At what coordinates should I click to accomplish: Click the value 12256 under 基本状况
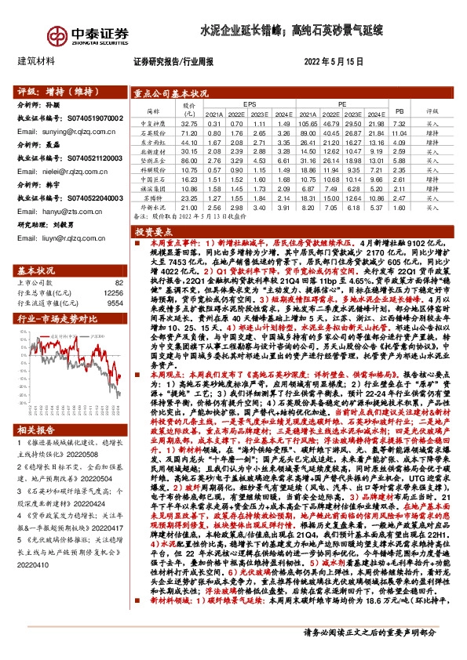coord(113,293)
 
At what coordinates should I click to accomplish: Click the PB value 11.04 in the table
coord(399,134)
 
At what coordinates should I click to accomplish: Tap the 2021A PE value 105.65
coord(307,123)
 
